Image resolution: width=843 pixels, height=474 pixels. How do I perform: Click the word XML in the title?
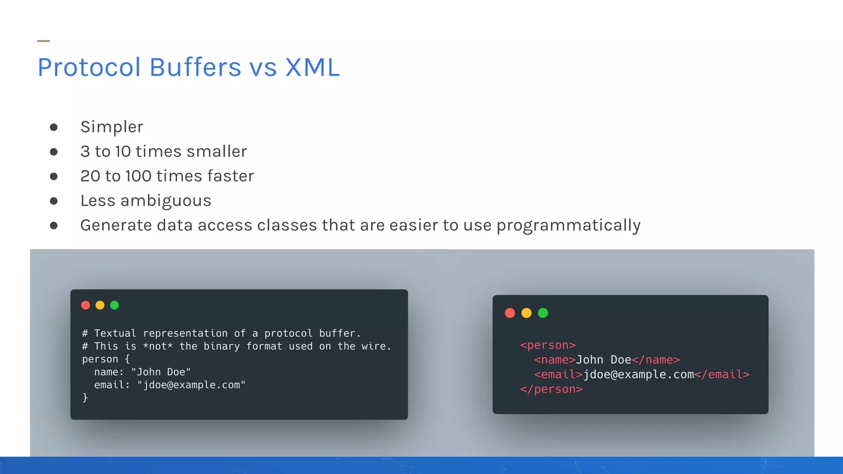[x=312, y=67]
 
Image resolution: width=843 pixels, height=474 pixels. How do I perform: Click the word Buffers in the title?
[x=195, y=67]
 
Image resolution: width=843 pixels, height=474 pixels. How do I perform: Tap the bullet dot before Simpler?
[x=54, y=127]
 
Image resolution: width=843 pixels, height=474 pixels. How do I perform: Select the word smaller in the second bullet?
[x=217, y=151]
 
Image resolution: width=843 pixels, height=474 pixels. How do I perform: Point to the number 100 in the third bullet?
[x=138, y=176]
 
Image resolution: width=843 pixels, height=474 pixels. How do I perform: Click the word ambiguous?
[x=165, y=201]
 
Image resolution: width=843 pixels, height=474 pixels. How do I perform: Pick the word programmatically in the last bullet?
[x=568, y=225]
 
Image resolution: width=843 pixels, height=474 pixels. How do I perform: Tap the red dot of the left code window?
[x=86, y=305]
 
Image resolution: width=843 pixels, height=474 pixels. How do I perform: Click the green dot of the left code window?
[x=114, y=305]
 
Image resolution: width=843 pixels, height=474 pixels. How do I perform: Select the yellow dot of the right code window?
[x=526, y=313]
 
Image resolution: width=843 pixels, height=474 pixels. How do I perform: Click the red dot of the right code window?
[x=510, y=313]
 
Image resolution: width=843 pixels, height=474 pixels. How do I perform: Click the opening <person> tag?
[x=547, y=345]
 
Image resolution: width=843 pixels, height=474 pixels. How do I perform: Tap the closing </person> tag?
[x=551, y=389]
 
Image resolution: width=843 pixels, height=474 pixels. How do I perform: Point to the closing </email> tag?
[x=722, y=374]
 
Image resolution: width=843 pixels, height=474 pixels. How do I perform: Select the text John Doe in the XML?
[x=603, y=360]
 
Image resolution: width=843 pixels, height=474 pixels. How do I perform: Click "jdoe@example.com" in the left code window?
[x=191, y=385]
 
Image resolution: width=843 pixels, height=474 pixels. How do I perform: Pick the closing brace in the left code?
[x=85, y=397]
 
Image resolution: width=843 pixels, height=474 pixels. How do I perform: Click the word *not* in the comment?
[x=158, y=346]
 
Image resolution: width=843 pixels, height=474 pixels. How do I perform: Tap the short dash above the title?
[x=43, y=41]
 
